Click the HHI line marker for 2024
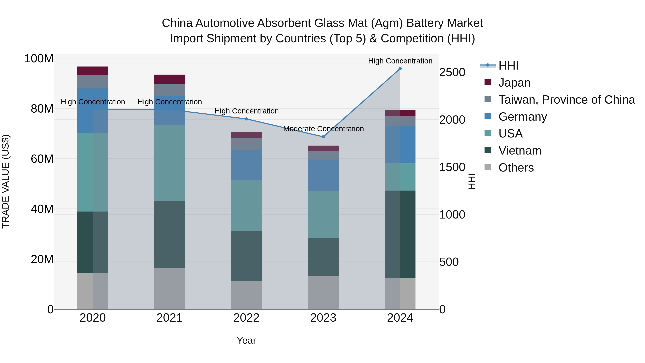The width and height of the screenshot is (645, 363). (400, 69)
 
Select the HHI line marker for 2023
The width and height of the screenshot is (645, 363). (323, 137)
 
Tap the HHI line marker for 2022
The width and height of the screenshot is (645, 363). (246, 119)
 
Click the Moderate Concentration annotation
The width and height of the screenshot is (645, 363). (323, 129)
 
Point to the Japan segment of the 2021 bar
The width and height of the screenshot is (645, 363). (169, 79)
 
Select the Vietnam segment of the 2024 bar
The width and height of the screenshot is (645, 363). (400, 234)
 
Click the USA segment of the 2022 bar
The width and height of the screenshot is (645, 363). (246, 205)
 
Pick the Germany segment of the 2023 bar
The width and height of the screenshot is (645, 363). (323, 175)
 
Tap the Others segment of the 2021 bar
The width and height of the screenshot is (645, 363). (169, 289)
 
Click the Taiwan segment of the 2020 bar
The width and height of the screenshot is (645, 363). (93, 82)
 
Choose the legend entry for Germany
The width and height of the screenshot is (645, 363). (523, 117)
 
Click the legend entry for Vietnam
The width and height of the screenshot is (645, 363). (520, 151)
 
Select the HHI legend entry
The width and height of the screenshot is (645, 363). (508, 66)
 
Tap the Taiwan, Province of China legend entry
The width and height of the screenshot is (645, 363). (566, 100)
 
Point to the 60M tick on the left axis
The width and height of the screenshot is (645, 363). (42, 159)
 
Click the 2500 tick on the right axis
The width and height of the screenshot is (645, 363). (452, 72)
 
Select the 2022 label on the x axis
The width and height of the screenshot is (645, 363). (246, 318)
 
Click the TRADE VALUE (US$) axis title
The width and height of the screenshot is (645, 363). (6, 181)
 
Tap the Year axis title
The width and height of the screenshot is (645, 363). (246, 340)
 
